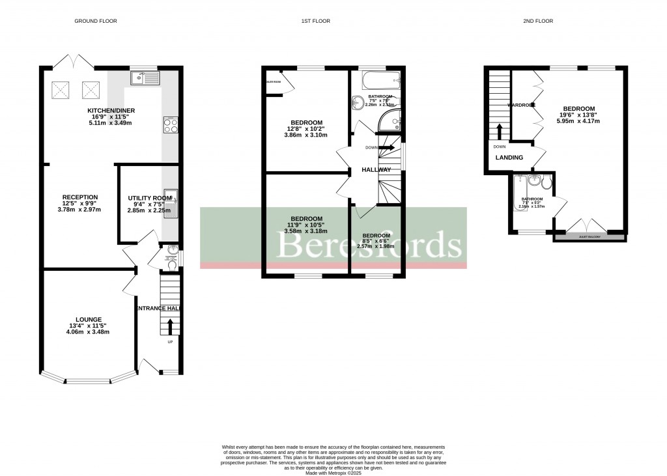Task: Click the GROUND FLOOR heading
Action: click(x=96, y=21)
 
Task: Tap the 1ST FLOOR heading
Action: click(x=315, y=21)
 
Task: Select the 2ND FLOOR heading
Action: click(x=537, y=21)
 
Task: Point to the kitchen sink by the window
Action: click(x=145, y=78)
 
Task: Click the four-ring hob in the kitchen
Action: click(x=171, y=125)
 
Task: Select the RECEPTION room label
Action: click(x=80, y=197)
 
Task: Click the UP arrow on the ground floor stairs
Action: click(x=171, y=326)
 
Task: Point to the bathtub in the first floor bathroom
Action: click(x=376, y=81)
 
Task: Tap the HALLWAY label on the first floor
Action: click(x=376, y=170)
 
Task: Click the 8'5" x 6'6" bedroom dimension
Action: click(x=376, y=242)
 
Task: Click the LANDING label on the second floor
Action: click(x=510, y=158)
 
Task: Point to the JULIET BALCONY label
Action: click(x=589, y=237)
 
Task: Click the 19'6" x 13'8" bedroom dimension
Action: click(x=578, y=115)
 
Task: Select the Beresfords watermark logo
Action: click(x=370, y=245)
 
